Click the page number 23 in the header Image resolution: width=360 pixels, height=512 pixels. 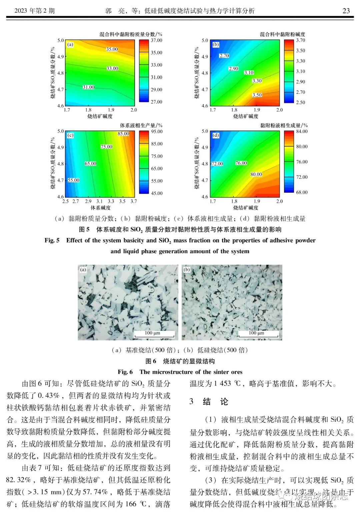coord(346,11)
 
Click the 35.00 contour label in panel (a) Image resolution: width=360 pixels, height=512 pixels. coord(112,49)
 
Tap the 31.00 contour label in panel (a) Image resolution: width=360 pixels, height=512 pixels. coord(89,87)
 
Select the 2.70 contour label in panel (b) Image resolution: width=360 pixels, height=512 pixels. coord(224,56)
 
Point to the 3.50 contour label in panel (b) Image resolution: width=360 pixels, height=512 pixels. coord(257,95)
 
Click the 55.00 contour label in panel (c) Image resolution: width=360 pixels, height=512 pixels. coord(74,180)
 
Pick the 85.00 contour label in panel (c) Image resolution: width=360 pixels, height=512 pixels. coord(123,134)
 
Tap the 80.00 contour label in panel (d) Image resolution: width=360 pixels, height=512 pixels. coord(256,174)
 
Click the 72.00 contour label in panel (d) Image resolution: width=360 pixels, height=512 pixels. coord(217,164)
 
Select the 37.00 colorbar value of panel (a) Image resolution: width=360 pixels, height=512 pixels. coord(157,40)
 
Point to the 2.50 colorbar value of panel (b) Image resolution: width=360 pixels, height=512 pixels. coord(301,102)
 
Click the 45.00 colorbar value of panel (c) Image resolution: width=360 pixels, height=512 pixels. coord(157,193)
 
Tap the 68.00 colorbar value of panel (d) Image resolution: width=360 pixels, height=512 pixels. coord(302,192)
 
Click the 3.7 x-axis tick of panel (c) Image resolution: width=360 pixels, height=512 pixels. coord(134,201)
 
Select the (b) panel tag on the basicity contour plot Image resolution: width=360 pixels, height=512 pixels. coord(216,44)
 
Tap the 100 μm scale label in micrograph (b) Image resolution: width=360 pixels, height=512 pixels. coord(257,333)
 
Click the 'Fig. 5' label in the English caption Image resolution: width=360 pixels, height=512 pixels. coord(52,240)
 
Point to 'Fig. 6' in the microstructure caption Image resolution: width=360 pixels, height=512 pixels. coord(125,372)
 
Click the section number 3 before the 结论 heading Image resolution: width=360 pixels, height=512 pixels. coord(191,401)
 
